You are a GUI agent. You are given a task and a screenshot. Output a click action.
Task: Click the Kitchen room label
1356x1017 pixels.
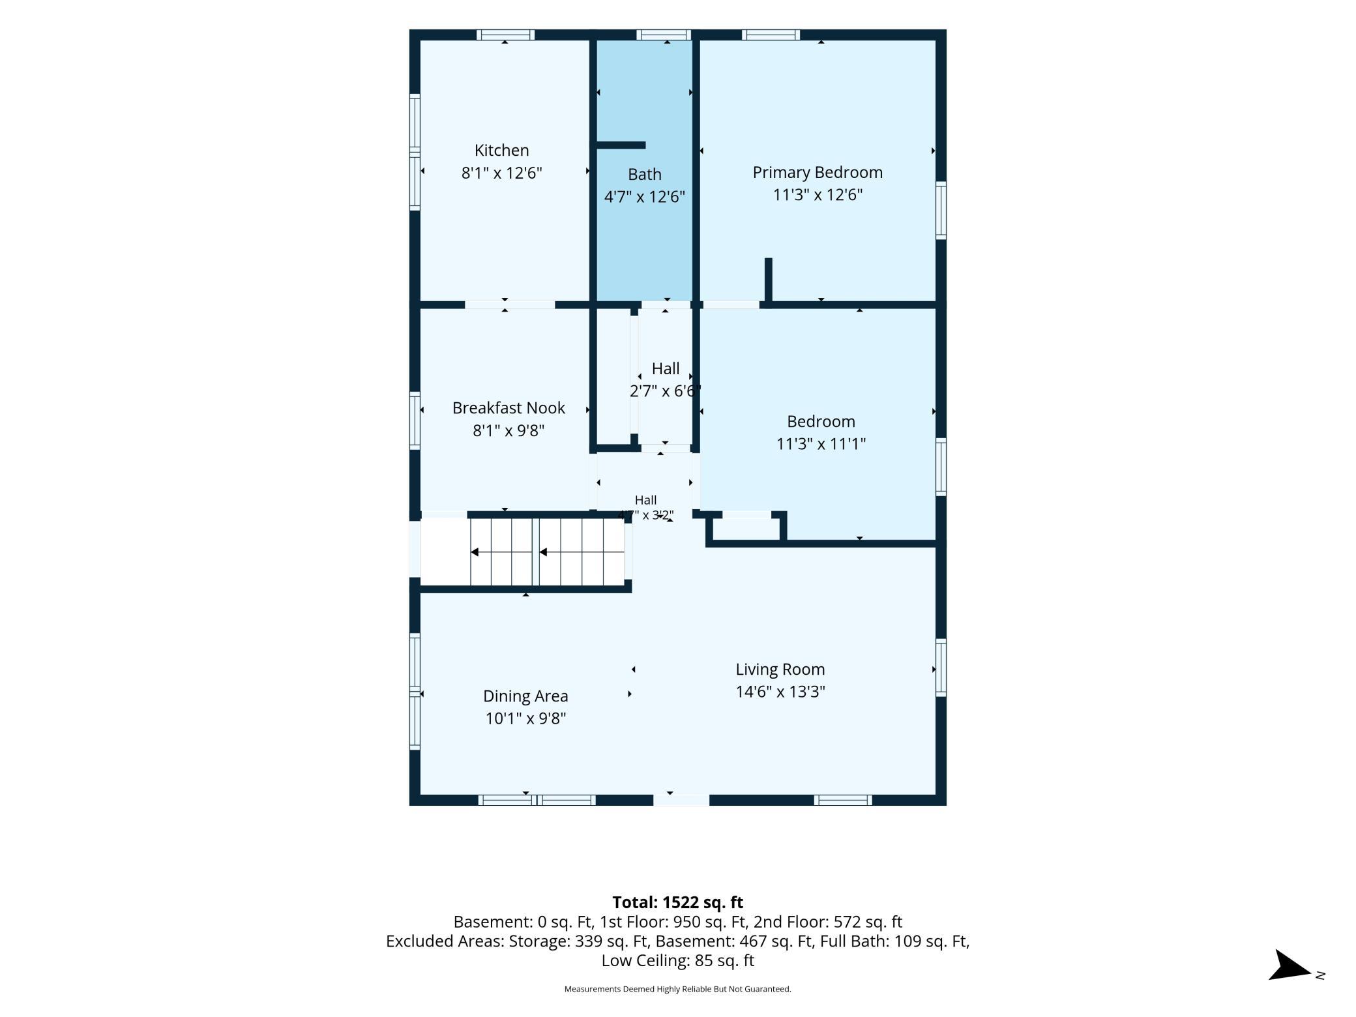501,151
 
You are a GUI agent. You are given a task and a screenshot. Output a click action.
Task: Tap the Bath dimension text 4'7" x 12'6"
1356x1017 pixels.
644,197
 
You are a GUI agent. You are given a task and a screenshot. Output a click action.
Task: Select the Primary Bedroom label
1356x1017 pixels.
818,173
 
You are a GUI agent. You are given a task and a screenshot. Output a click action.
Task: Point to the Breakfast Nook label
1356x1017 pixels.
508,408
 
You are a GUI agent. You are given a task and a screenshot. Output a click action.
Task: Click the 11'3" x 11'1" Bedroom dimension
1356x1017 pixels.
821,444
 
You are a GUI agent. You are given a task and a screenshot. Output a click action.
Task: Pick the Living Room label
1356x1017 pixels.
780,670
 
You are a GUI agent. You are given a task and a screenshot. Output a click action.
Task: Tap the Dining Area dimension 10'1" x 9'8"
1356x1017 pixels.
525,718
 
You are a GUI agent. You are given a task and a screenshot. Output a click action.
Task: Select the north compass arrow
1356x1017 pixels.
1290,965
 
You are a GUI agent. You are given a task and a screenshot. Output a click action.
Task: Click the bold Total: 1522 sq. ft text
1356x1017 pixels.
677,902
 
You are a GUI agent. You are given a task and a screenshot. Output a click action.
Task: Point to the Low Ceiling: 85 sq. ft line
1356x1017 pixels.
677,960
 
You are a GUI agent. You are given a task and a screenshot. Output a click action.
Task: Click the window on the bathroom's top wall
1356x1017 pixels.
664,35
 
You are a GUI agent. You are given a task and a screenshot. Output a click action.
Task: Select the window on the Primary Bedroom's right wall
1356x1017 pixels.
941,210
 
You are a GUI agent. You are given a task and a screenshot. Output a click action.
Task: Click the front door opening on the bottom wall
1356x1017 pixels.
681,800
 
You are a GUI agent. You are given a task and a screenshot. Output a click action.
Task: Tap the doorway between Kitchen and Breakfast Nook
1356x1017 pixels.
510,304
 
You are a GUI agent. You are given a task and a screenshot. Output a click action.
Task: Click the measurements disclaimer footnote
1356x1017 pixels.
677,989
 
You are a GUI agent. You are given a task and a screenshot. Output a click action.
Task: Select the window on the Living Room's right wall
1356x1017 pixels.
941,668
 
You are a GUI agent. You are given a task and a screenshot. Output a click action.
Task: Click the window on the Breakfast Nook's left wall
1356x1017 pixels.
415,420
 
